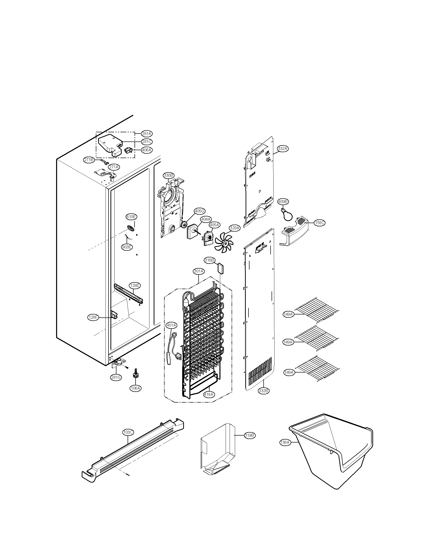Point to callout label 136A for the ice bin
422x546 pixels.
284,442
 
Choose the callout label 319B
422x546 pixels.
249,435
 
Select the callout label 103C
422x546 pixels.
128,432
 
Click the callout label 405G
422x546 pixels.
200,211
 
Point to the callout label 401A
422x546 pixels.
171,325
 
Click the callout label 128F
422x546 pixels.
93,317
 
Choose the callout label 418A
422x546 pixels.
209,395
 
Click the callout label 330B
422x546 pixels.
168,175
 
